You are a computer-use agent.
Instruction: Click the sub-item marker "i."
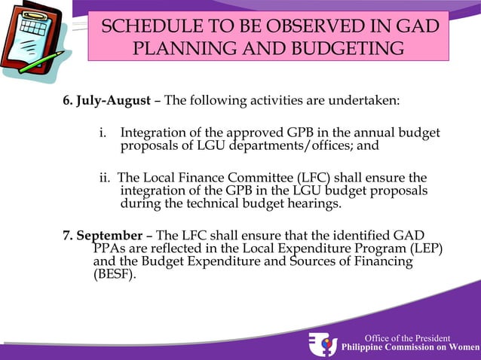104,133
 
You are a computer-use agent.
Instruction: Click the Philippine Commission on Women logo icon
323,343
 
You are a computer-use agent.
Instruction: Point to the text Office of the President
407,338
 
